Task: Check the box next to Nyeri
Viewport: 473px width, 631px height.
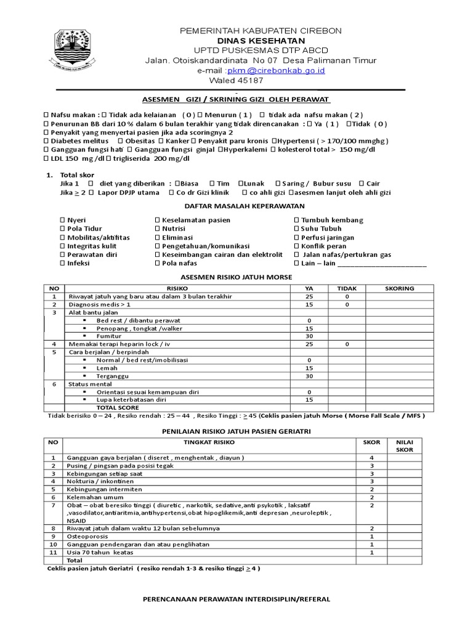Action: coord(62,220)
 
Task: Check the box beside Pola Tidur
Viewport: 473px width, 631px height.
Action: coord(62,229)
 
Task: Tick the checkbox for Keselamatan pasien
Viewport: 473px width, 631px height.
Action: coord(157,220)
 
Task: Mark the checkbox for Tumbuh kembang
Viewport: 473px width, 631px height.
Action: coord(296,220)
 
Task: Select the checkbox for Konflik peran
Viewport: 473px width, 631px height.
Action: coord(296,246)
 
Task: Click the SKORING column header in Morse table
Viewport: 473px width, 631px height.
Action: coord(399,288)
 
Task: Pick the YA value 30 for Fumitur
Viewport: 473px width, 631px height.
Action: coord(309,336)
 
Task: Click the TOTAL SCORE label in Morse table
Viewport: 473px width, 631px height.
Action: coord(118,407)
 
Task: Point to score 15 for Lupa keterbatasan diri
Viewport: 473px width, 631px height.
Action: coord(309,399)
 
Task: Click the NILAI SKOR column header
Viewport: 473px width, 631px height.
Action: coord(404,446)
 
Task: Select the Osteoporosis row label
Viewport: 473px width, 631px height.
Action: coord(91,537)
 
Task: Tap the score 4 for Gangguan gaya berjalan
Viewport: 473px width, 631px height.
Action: coord(371,458)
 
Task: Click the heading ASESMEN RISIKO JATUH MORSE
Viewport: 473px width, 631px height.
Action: coord(236,277)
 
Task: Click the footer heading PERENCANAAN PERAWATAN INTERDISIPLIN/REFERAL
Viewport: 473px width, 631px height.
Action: coord(236,598)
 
